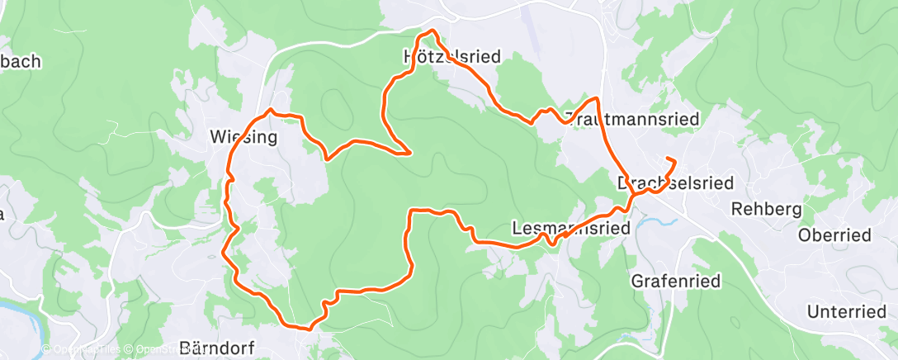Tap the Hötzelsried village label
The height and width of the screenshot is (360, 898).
coord(442,57)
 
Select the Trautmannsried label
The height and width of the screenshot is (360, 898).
coord(632,119)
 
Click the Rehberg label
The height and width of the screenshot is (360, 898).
coord(767,209)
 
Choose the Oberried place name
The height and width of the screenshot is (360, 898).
coord(834,235)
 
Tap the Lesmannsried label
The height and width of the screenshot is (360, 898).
coord(570,227)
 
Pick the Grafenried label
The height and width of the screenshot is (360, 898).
coord(676,281)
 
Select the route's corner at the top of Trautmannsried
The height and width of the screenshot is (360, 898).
coord(595,99)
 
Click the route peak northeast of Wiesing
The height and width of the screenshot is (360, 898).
coord(271,110)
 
